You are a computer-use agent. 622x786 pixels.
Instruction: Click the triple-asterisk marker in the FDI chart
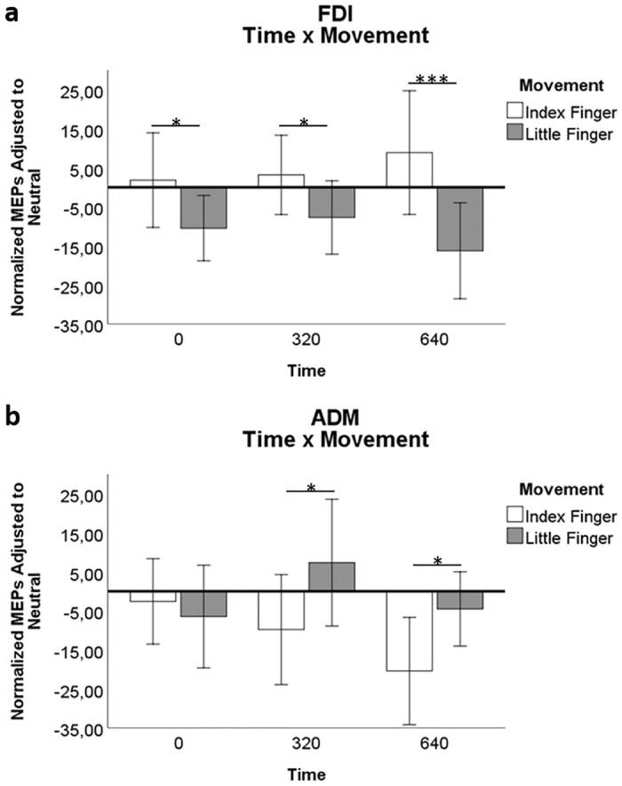click(x=432, y=80)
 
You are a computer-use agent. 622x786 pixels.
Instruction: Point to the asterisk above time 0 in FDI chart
click(x=176, y=122)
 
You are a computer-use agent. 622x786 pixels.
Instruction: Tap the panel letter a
click(x=13, y=15)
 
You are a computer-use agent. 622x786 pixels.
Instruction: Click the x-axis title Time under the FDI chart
click(x=304, y=370)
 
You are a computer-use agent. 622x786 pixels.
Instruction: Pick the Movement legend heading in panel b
click(x=559, y=489)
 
